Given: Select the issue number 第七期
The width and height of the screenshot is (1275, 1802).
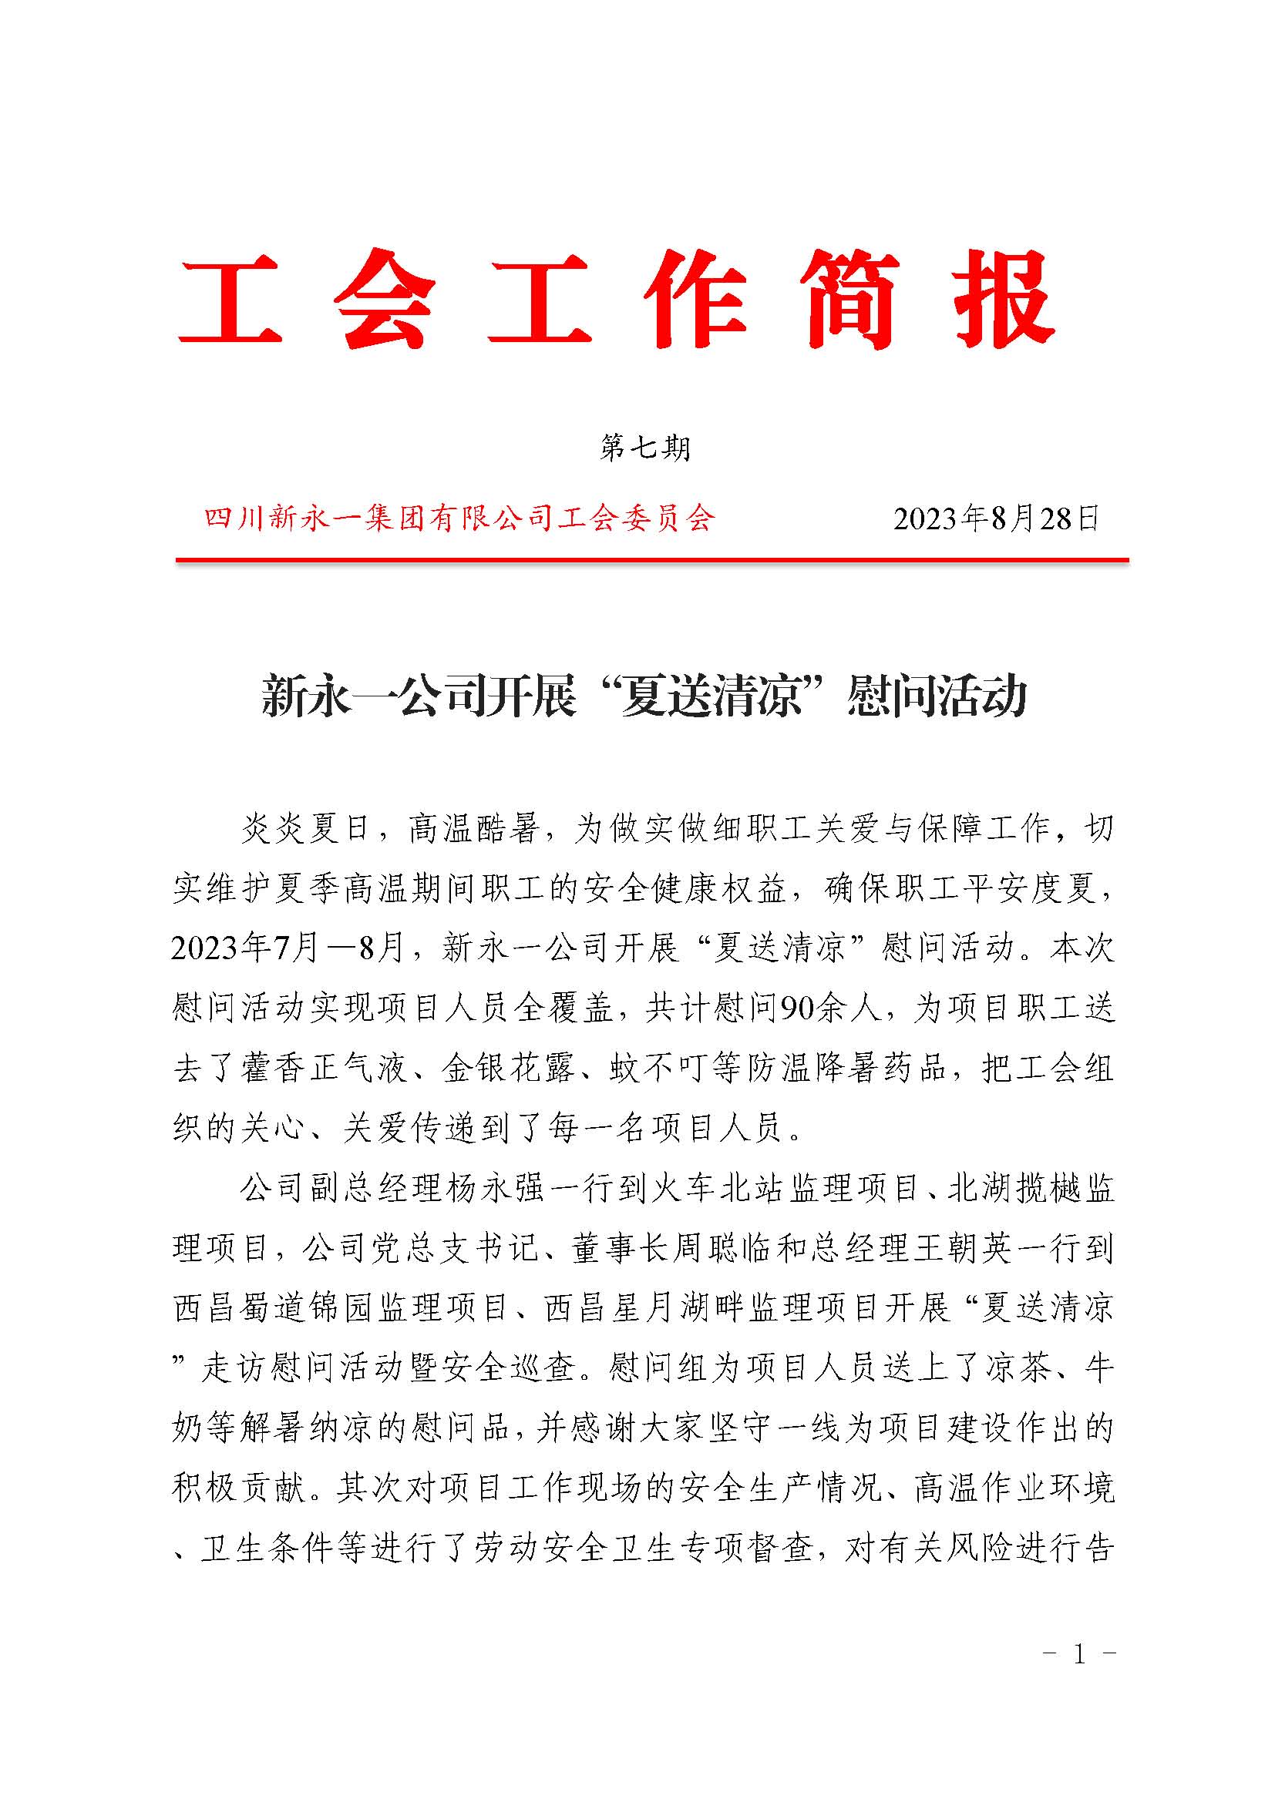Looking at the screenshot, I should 644,448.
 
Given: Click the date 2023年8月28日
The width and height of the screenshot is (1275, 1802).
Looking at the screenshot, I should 995,518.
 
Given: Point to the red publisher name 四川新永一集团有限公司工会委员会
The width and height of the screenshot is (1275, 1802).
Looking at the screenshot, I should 459,518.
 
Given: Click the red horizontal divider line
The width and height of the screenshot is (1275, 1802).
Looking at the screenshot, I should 651,560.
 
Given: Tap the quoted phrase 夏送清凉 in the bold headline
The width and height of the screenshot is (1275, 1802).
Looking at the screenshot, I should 711,696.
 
